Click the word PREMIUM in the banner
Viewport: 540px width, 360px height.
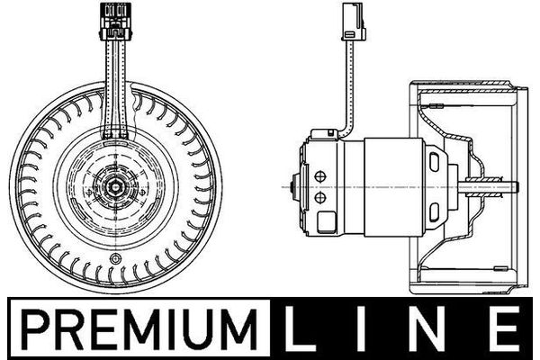click(139, 329)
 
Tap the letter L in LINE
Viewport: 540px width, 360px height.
click(295, 328)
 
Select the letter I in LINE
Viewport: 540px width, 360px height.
click(360, 328)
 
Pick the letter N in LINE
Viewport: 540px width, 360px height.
click(428, 328)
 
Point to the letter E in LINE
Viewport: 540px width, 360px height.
click(505, 328)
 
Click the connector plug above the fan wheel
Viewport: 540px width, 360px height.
click(115, 21)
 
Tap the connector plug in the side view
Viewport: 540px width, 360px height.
click(354, 21)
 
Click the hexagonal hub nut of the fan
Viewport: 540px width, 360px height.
click(115, 187)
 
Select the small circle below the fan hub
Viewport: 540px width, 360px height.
click(115, 258)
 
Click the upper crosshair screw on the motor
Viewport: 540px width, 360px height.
click(320, 177)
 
